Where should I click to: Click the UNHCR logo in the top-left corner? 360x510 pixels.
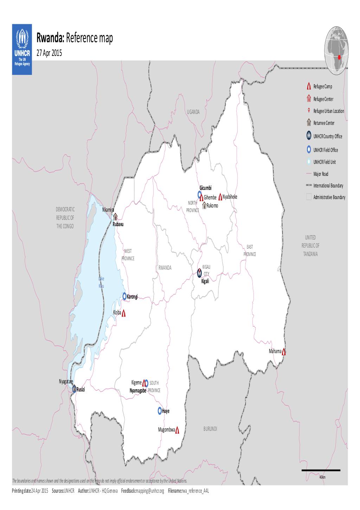22,49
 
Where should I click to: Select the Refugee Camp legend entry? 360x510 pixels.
322,87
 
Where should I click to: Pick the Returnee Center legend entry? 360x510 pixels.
323,123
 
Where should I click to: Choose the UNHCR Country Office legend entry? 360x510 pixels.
327,136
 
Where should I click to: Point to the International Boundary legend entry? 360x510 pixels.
328,186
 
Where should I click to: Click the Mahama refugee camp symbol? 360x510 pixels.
284,351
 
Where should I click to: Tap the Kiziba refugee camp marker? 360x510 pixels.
123,313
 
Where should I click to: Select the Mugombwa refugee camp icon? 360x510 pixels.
178,430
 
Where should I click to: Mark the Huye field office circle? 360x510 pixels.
160,410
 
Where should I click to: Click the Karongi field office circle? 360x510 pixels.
124,296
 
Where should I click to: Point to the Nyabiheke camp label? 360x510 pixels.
230,197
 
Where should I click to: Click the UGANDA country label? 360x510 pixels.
193,112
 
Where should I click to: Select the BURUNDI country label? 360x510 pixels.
210,429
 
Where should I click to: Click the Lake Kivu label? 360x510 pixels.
101,282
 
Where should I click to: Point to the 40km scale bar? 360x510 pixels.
321,470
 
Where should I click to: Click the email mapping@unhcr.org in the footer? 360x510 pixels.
149,491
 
